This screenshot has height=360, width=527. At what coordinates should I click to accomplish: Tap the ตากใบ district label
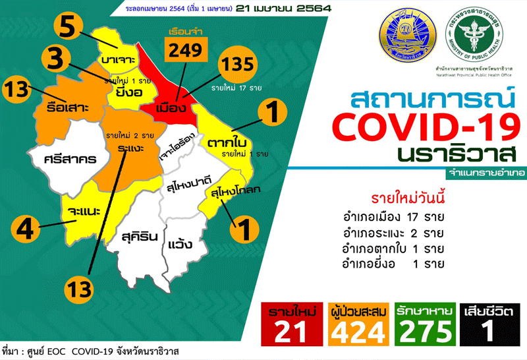226,142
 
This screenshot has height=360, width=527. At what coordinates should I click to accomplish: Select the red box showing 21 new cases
288,323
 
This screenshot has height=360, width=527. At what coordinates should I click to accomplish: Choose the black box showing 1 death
489,323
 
